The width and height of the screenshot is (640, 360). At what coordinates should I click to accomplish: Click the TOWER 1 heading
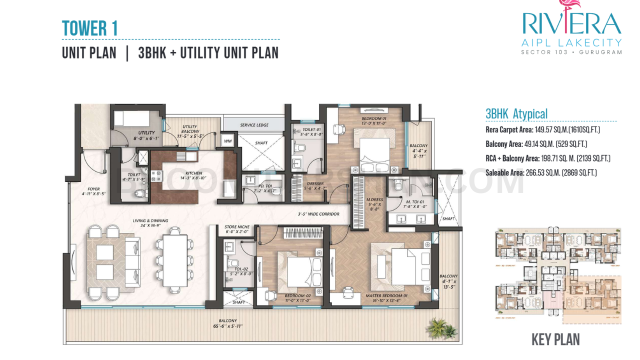point(90,28)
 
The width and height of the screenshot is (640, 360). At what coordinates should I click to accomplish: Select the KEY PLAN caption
point(555,340)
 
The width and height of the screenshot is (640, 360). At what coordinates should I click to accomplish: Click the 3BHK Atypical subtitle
point(516,114)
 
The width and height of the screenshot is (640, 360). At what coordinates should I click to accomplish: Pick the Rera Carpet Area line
point(542,130)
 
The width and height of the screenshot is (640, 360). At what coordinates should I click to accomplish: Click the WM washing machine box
point(227,140)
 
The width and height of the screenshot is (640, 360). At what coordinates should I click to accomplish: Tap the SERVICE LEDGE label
point(255,125)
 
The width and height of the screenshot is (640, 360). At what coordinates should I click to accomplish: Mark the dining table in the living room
point(175,259)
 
